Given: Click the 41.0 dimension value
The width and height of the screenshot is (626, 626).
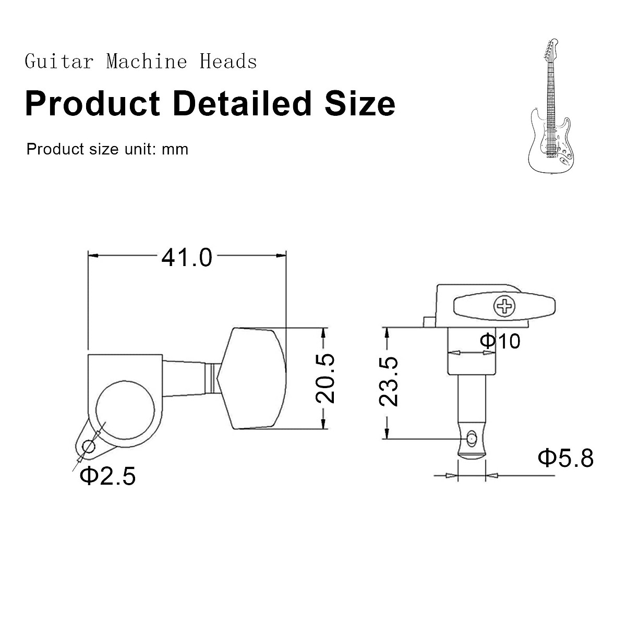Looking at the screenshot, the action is (187, 258).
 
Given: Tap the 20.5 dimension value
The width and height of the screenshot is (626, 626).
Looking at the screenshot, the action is (325, 378).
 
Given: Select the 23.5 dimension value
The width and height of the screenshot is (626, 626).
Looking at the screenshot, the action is (389, 381).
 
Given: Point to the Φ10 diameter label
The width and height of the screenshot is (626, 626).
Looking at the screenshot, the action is (500, 341).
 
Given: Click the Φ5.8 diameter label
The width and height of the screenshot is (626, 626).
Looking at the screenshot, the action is (565, 459).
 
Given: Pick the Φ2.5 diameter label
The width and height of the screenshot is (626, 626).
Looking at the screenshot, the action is (107, 476).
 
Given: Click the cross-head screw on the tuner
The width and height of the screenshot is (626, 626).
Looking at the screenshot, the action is (504, 306).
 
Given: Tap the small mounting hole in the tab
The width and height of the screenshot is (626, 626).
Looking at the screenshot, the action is (88, 447).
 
